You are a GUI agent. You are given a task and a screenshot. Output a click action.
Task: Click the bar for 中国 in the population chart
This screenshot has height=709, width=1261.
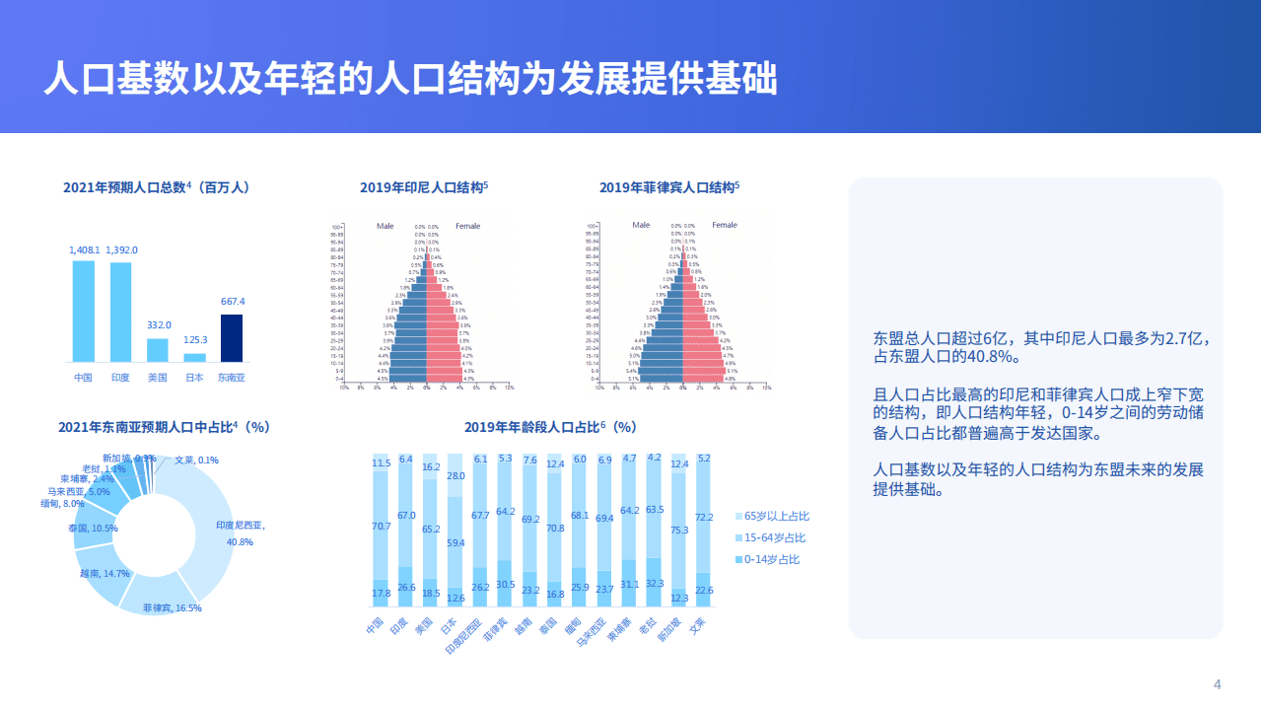(84, 311)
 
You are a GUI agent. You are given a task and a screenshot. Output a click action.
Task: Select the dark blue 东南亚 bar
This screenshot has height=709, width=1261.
(232, 337)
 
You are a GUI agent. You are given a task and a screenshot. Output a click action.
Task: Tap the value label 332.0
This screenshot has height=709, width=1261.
(158, 324)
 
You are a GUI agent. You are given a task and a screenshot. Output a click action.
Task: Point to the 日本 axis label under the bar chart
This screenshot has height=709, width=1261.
(194, 378)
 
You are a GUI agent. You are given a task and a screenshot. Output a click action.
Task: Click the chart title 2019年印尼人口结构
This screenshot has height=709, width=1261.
(424, 186)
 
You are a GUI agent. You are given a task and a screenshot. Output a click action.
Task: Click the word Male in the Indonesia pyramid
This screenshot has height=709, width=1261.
(385, 226)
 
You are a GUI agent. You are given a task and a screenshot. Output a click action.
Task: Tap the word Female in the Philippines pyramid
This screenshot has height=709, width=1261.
(725, 225)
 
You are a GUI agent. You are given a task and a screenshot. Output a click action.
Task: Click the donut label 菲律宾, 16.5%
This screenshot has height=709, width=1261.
(172, 608)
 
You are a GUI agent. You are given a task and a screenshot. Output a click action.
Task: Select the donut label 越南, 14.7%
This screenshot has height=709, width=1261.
(105, 573)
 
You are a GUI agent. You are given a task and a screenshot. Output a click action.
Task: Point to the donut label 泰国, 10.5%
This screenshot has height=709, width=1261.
(93, 529)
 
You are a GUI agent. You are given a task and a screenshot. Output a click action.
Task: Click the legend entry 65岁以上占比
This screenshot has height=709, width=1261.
(776, 516)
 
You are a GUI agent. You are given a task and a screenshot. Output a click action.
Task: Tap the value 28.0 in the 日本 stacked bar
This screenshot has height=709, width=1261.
(455, 476)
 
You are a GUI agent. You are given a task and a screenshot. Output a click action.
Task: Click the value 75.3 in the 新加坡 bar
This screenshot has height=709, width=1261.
(679, 530)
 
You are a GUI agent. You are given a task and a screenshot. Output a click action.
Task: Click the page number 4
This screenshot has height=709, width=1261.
(1217, 684)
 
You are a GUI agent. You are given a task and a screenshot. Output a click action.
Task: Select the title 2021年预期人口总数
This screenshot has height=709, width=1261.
(155, 186)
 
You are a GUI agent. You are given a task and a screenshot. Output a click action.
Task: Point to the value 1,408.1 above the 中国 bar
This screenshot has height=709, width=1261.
(83, 250)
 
